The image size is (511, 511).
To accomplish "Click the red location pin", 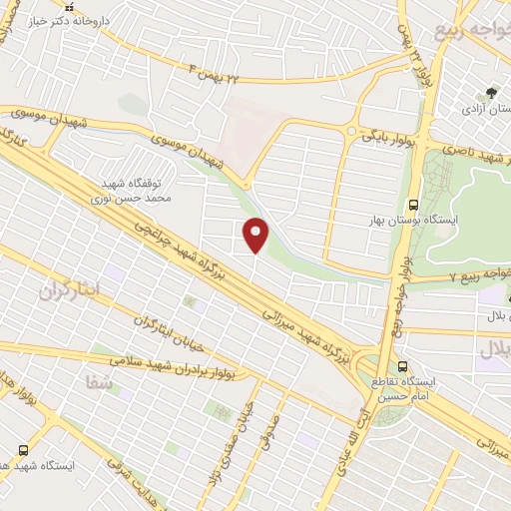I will point(256,235).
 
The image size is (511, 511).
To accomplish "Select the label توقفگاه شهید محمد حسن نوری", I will point(141,192).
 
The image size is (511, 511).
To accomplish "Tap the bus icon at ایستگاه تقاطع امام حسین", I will point(402,366).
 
